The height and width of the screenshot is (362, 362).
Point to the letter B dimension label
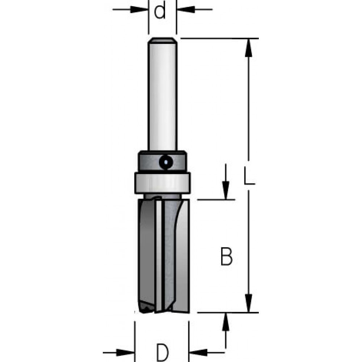pos(226,256)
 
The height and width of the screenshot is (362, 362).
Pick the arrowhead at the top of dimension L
pos(248,47)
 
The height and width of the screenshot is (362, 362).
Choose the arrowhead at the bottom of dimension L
pos(248,303)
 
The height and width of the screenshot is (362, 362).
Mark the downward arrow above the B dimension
pos(226,190)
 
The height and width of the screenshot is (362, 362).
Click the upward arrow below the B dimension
pos(226,321)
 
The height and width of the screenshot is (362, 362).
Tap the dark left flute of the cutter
pos(147,253)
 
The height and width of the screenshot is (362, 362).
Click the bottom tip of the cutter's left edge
pos(142,310)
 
